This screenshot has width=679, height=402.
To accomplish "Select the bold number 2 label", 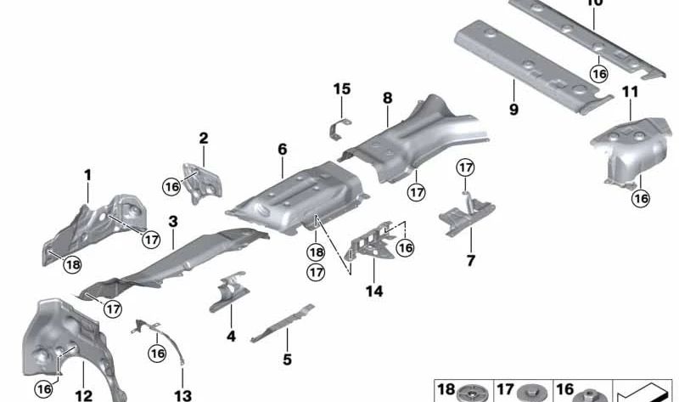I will pyautogui.click(x=204, y=138).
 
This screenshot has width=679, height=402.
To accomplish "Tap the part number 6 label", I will pyautogui.click(x=282, y=150).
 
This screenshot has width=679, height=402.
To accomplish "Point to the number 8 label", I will pyautogui.click(x=387, y=99).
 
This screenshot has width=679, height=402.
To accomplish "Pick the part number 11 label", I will pyautogui.click(x=629, y=92).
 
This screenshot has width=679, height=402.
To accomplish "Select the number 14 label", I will pyautogui.click(x=374, y=291).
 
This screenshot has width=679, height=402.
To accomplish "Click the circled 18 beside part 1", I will pyautogui.click(x=74, y=264).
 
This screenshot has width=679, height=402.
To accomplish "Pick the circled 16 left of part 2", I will pyautogui.click(x=172, y=186).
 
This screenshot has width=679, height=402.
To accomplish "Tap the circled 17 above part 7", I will pyautogui.click(x=465, y=168).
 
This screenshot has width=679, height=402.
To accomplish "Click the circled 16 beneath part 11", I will pyautogui.click(x=640, y=198).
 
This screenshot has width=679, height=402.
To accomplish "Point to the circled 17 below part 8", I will pyautogui.click(x=415, y=192).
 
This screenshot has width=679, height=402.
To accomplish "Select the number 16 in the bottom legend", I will pyautogui.click(x=564, y=390).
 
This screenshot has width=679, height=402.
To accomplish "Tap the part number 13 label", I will pyautogui.click(x=183, y=395).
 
